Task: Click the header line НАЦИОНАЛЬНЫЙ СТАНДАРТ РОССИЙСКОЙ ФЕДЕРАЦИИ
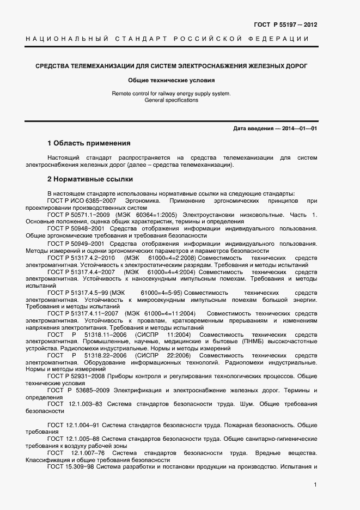tap(167, 39)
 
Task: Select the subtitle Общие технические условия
tap(171, 80)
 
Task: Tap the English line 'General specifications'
tap(171, 100)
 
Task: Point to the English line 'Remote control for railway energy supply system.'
tap(171, 94)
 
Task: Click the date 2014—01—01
tap(299, 129)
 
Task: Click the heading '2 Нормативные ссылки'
tap(90, 179)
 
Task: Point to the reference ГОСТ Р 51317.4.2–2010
tap(81, 257)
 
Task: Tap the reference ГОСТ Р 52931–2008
tap(75, 377)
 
